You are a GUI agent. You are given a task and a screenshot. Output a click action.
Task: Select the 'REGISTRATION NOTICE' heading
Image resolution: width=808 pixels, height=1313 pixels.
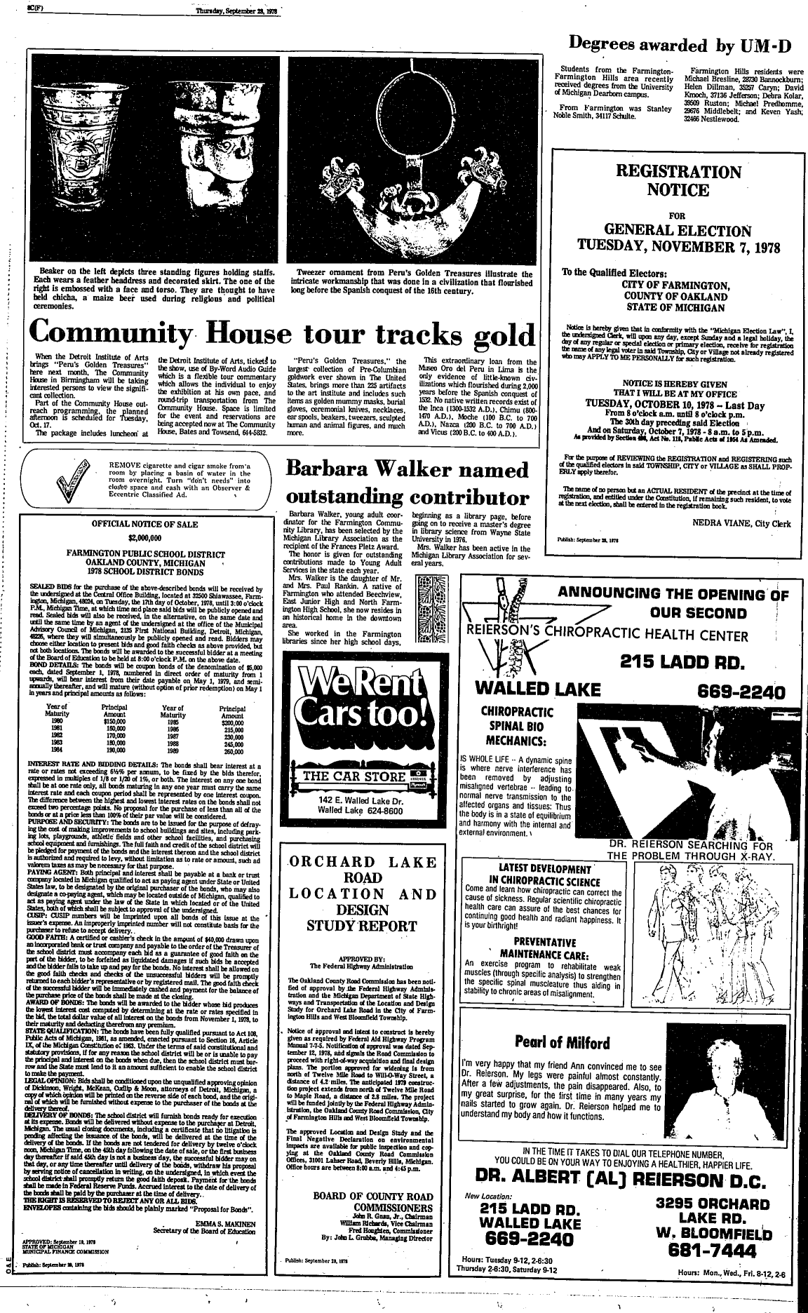pyautogui.click(x=678, y=180)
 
